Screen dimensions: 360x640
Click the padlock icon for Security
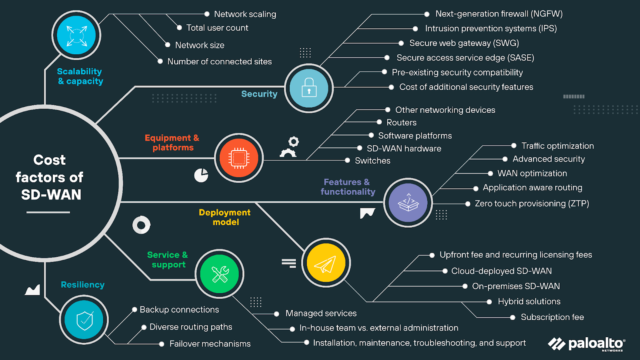(x=309, y=88)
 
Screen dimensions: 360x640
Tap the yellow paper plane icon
(x=326, y=263)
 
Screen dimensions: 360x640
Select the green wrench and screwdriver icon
(x=220, y=274)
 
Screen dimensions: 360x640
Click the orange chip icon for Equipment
(x=239, y=158)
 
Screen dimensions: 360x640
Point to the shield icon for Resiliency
(x=84, y=320)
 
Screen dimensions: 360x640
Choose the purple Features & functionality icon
(x=408, y=203)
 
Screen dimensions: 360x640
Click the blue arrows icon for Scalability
(x=76, y=36)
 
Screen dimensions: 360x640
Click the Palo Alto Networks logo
(x=586, y=344)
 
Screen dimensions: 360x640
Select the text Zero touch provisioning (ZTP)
(x=532, y=204)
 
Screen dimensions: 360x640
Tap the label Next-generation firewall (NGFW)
(x=499, y=14)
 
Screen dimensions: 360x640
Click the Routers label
(x=401, y=122)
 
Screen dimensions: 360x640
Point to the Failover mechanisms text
(x=210, y=344)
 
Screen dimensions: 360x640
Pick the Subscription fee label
(x=552, y=317)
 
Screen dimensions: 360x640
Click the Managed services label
(x=321, y=313)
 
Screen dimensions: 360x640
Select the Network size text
(x=200, y=45)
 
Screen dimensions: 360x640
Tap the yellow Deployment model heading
(x=225, y=217)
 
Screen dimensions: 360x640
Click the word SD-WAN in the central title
(x=51, y=194)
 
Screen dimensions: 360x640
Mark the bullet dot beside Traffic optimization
(x=514, y=146)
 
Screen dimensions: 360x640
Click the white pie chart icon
(x=201, y=175)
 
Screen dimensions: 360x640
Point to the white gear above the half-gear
(x=294, y=142)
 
